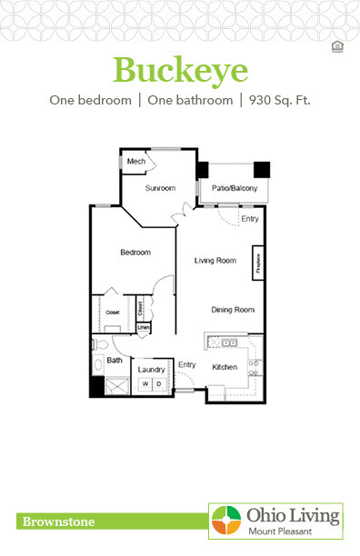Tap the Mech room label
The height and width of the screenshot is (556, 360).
click(x=136, y=162)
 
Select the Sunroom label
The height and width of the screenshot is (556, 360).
click(x=160, y=188)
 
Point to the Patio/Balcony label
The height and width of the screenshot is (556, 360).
click(x=235, y=188)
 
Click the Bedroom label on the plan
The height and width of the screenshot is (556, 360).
click(x=135, y=252)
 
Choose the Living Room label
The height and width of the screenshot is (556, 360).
click(x=215, y=261)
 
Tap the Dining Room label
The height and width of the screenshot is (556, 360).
click(x=232, y=310)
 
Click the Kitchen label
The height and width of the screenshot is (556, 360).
click(x=225, y=367)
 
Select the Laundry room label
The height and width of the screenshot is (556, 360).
click(x=150, y=370)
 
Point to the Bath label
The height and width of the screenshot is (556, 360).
click(x=115, y=361)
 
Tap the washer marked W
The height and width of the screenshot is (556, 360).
click(x=144, y=385)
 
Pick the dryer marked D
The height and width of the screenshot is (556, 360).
click(x=158, y=385)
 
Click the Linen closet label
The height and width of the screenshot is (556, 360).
click(x=143, y=327)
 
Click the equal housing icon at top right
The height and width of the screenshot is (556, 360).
click(x=337, y=47)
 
